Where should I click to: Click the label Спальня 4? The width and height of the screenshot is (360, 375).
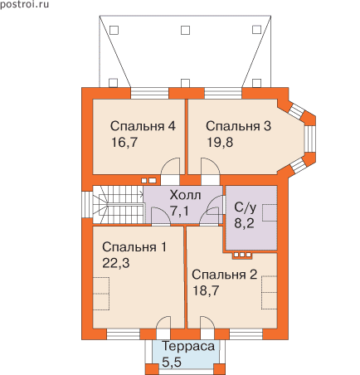[143, 126]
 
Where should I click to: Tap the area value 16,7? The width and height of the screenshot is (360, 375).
[124, 143]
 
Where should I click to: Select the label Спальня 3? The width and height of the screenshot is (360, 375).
[238, 126]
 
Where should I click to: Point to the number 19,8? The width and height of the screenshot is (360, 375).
[220, 143]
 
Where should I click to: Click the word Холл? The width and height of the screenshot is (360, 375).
[185, 195]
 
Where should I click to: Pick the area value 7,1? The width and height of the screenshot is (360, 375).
[179, 212]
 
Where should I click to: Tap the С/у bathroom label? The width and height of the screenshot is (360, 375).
[245, 207]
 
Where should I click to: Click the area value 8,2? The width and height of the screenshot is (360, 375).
[245, 223]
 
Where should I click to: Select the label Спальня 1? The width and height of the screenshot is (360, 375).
[134, 247]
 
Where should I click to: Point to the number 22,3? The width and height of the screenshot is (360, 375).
[116, 263]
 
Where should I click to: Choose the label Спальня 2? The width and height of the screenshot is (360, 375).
[225, 275]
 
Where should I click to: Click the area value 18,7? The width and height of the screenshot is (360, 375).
[206, 290]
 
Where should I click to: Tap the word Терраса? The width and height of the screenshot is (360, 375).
[188, 347]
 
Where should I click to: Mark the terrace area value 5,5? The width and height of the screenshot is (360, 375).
[172, 362]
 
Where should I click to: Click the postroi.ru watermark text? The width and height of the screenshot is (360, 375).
[24, 4]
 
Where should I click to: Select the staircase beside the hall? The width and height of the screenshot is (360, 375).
[118, 205]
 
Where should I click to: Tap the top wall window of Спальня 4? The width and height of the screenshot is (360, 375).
[149, 93]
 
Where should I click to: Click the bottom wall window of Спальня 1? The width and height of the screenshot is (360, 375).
[124, 334]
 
